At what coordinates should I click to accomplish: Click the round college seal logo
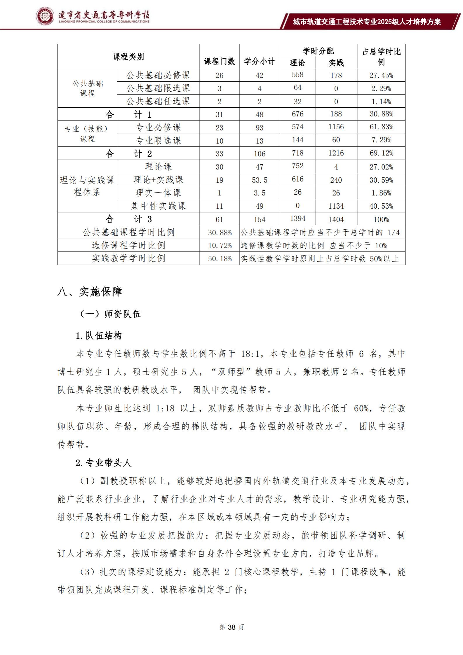45,16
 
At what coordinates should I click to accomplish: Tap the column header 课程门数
220,61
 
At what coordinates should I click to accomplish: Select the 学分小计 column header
260,61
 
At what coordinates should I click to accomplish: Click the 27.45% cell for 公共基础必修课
381,75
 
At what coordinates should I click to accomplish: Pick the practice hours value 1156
336,127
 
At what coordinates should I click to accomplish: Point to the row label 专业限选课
158,141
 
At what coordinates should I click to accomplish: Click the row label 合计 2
128,153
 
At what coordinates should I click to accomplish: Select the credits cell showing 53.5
260,180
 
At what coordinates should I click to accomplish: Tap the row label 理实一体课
158,193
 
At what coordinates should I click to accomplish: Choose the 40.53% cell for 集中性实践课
381,206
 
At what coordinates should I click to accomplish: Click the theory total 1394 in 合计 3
297,219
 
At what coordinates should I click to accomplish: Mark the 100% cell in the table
381,219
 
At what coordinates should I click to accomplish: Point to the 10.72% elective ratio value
220,245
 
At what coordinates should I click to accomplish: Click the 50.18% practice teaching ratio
220,258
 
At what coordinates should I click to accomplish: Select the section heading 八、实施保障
90,291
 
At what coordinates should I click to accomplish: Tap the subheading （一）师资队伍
110,314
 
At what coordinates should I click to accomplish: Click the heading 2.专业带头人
103,463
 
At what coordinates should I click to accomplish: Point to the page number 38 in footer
231,627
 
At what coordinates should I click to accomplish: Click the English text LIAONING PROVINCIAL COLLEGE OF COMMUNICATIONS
104,22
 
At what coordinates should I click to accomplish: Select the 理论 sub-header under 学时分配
297,62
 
